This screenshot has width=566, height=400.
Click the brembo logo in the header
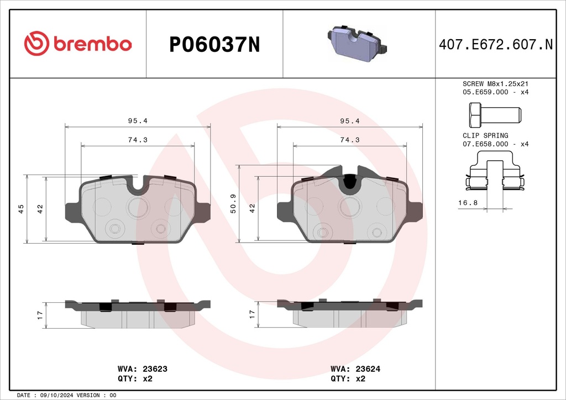78,43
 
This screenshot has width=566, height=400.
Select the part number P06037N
215,45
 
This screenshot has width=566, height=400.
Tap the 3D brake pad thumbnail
357,43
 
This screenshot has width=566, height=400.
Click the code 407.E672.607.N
496,44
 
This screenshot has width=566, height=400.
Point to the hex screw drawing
495,115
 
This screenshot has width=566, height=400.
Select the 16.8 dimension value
468,203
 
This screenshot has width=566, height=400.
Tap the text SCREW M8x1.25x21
496,83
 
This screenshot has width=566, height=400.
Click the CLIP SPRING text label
485,135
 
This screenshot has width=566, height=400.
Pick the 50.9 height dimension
233,203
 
